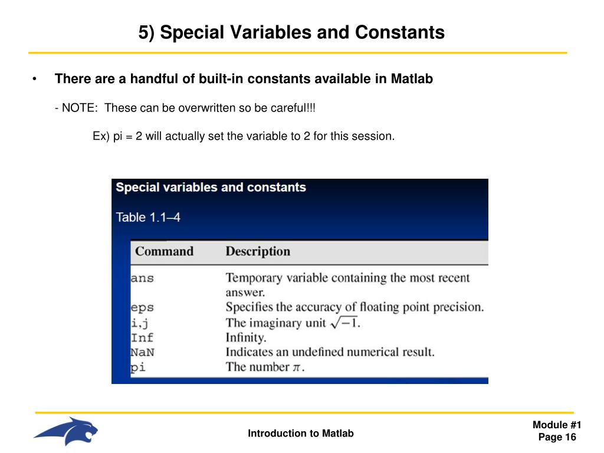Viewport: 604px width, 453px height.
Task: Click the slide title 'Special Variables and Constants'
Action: [x=292, y=32]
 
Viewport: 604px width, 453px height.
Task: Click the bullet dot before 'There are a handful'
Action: [x=35, y=79]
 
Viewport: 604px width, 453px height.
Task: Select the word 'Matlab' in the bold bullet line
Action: [x=412, y=78]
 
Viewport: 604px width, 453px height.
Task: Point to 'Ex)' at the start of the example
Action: [x=101, y=136]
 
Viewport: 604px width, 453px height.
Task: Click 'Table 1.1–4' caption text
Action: [x=148, y=217]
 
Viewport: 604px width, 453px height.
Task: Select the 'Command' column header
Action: [x=164, y=251]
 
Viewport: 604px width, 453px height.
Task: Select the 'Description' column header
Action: [x=258, y=251]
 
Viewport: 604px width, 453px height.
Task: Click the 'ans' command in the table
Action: [x=142, y=278]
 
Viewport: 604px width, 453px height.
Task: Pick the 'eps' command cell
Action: [x=142, y=307]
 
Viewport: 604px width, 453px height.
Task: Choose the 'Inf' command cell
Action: [x=142, y=338]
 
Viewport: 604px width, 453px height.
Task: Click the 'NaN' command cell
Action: [x=142, y=353]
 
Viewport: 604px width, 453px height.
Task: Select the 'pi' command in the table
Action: [x=138, y=367]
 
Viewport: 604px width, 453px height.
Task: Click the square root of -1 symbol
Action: [x=343, y=322]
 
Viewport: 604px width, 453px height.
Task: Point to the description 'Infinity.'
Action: [x=246, y=338]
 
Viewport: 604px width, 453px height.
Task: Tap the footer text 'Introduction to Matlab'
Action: [x=301, y=434]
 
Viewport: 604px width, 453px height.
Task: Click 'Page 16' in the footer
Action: [x=557, y=437]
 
